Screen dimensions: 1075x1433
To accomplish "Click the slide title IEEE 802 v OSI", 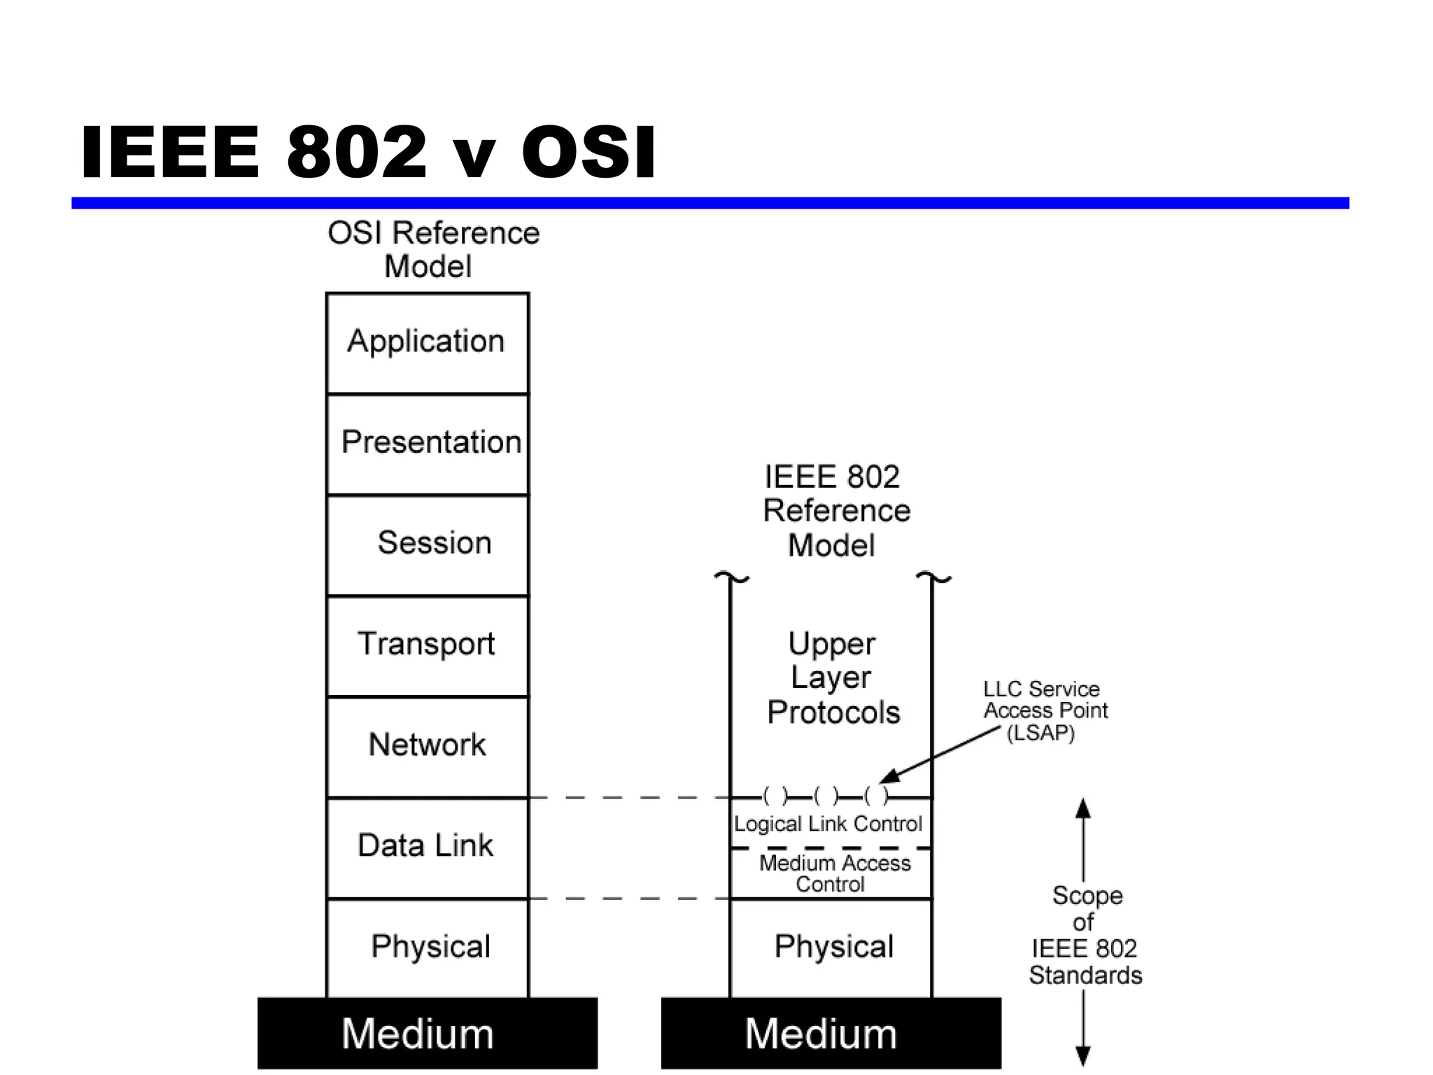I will coord(368,152).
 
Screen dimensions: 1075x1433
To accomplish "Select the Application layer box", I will coord(427,343).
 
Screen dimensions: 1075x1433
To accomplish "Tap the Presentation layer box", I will coord(427,444).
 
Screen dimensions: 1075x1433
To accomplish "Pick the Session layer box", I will coord(427,544).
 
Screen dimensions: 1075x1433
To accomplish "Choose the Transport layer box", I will coord(427,645).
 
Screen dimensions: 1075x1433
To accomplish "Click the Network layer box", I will coord(427,746).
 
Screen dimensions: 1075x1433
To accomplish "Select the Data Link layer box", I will coord(427,847).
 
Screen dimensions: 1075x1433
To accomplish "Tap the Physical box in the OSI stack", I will coord(427,948).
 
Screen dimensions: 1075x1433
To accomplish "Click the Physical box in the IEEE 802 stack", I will coord(833,948).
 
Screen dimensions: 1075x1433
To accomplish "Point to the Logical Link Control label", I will coord(828,824).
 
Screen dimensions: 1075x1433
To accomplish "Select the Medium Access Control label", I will coord(834,873).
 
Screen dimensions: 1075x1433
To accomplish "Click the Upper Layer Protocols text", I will coord(833,677).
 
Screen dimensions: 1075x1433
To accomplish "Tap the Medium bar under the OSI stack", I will coord(427,1034).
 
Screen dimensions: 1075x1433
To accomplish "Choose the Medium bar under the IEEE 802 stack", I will coord(831,1034).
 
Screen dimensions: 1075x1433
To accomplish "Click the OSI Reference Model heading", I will coord(433,249).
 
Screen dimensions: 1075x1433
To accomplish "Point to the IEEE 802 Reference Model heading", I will coord(835,511).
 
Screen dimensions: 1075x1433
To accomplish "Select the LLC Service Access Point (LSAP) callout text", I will coord(1044,710).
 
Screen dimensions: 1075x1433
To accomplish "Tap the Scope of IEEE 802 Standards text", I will coord(1085,935).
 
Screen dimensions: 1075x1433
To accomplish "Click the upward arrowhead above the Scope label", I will coord(1083,809).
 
